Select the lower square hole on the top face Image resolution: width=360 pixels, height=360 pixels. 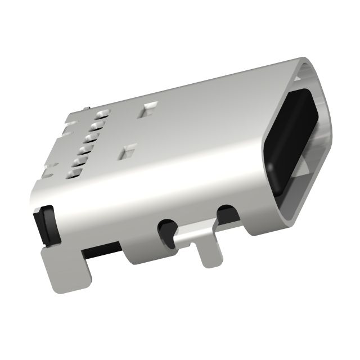coord(128,150)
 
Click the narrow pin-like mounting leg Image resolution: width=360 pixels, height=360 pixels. coord(209,253)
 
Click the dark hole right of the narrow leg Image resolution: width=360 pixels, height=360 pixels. coord(227,213)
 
